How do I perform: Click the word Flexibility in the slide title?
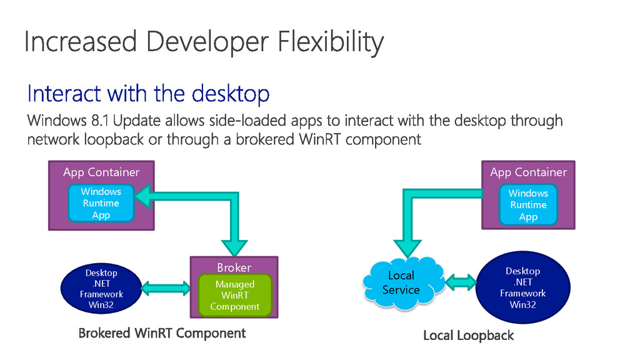(331, 42)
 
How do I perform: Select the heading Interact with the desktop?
(148, 94)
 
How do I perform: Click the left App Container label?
(101, 172)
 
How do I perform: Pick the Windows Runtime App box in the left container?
(101, 203)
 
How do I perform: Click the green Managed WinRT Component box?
(234, 295)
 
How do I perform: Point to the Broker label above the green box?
(234, 267)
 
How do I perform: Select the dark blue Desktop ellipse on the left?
(101, 289)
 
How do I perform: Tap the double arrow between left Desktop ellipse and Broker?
(166, 288)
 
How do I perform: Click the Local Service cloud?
(401, 282)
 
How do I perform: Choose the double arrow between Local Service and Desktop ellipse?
(461, 282)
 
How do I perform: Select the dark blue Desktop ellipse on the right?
(523, 288)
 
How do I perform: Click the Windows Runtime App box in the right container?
(528, 205)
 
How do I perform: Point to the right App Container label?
(528, 172)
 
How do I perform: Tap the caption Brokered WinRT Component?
(162, 333)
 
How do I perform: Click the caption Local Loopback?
(468, 336)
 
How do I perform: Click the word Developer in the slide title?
(206, 42)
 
